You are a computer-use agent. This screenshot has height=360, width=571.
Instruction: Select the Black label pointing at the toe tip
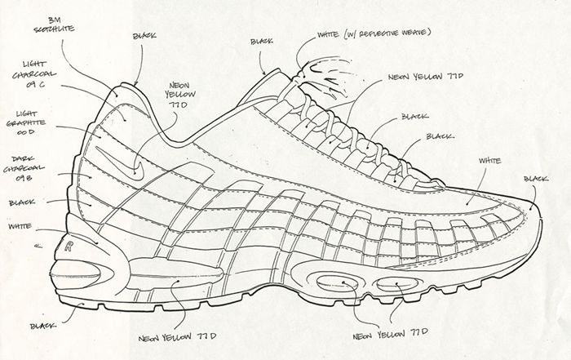point(535,179)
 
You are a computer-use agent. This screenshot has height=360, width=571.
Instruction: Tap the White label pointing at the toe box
point(489,162)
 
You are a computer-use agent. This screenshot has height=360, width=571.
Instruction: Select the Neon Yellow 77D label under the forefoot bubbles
point(383,335)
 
